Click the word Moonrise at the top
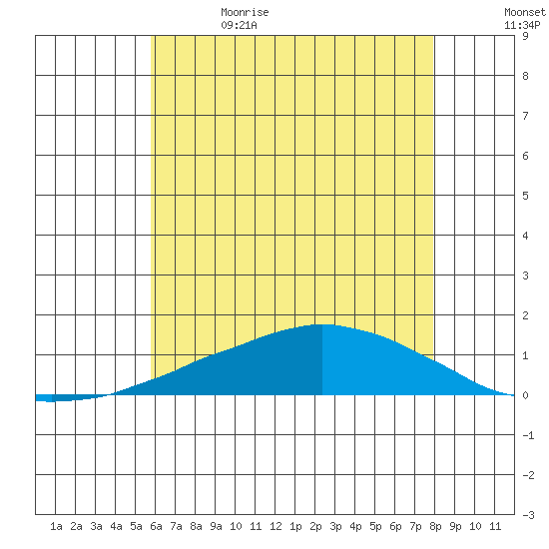click(245, 12)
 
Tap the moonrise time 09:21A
click(239, 25)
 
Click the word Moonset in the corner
click(525, 12)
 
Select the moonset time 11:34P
click(522, 25)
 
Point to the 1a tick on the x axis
click(56, 526)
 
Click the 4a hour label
click(116, 526)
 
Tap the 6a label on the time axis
click(156, 526)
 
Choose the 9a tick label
click(216, 526)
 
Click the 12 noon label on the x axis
click(275, 526)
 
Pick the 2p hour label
click(315, 526)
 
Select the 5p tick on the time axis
click(375, 526)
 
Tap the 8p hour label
click(435, 526)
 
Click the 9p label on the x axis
click(455, 526)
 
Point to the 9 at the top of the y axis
click(525, 36)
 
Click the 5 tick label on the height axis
click(525, 196)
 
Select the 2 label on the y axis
click(525, 315)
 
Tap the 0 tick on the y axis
click(525, 395)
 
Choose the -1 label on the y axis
click(528, 435)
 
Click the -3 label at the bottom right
click(528, 515)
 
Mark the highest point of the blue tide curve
click(322, 324)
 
